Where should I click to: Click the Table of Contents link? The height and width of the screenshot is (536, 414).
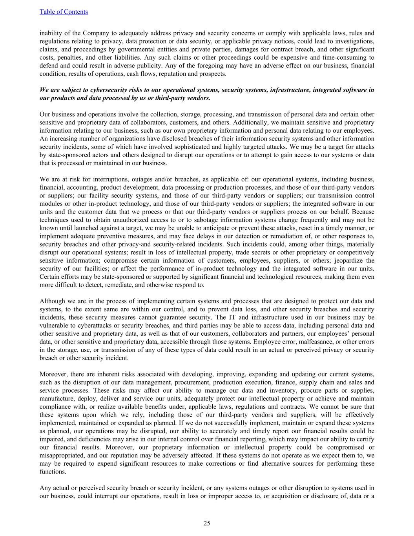tap(64, 12)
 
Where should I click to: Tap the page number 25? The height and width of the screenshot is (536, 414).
tap(207, 523)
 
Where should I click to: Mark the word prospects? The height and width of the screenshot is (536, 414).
tap(213, 74)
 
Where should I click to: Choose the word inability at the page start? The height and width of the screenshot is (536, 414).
tap(50, 33)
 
